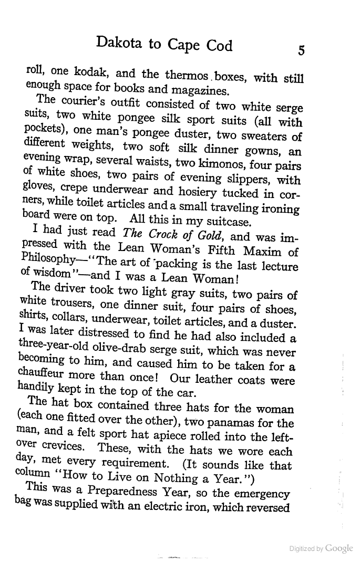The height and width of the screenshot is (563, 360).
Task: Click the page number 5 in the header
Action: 301,50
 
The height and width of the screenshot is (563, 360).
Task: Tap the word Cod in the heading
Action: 218,46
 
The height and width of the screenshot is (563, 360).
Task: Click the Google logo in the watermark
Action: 339,548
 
